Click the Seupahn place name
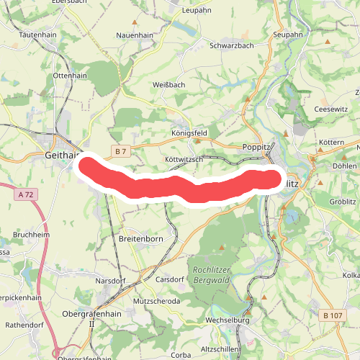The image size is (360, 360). click(289, 35)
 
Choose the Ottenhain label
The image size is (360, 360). click(71, 75)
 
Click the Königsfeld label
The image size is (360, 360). click(190, 133)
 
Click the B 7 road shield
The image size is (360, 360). click(121, 151)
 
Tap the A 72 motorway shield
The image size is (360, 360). click(27, 194)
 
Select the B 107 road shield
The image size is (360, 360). click(333, 315)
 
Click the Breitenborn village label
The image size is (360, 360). click(141, 238)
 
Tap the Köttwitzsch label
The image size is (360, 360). click(185, 158)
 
